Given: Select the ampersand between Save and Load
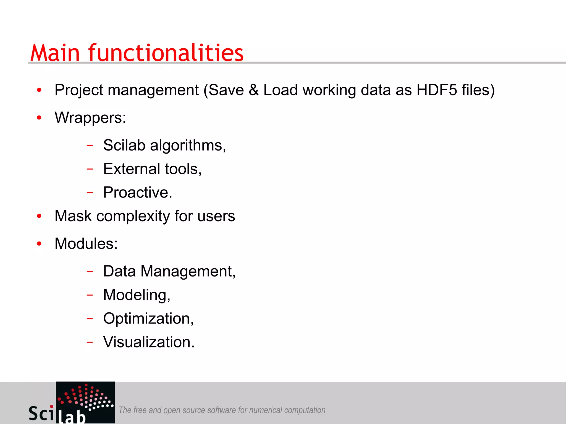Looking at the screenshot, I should (253, 90).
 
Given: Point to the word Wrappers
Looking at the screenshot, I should (90, 118).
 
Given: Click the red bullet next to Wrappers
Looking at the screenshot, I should (39, 118).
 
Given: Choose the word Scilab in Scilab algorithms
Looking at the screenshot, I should (124, 145).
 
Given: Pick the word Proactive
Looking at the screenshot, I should (137, 193).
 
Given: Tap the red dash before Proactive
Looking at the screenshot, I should (90, 192).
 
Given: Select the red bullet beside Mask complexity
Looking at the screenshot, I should (39, 216).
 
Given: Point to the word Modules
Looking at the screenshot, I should (86, 244).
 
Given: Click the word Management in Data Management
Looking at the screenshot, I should (188, 272).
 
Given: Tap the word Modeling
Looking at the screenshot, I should (136, 295).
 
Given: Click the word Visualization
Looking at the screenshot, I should (148, 342).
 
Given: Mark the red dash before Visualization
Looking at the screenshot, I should (90, 342).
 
